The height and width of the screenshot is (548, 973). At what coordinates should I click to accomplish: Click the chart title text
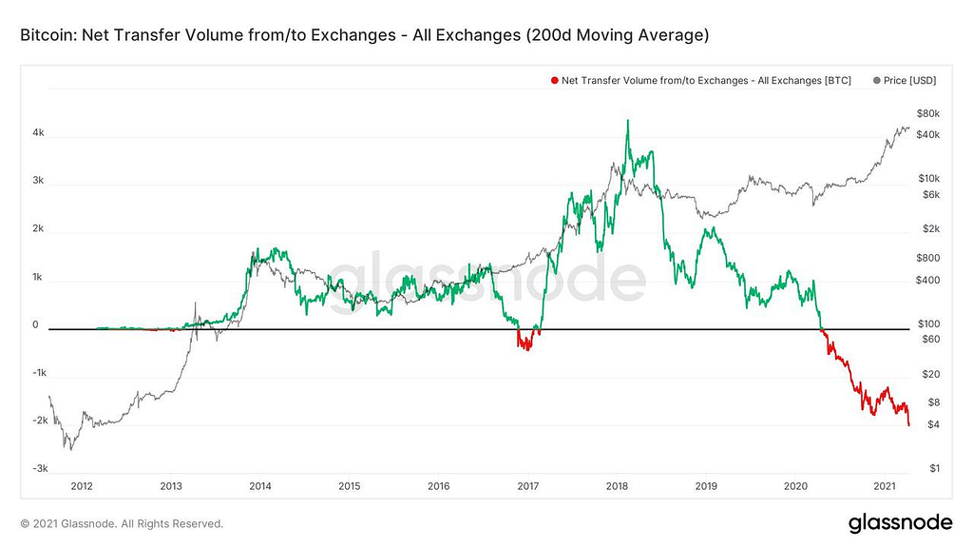[x=364, y=35]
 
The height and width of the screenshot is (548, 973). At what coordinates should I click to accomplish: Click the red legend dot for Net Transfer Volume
[x=554, y=81]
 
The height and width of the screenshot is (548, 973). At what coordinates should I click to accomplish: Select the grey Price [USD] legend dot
[x=875, y=81]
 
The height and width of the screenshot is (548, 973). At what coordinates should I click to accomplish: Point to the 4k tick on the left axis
[x=38, y=133]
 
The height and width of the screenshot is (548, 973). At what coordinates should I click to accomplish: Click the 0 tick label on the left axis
[x=35, y=324]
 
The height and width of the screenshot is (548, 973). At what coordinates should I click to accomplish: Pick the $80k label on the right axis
[x=928, y=113]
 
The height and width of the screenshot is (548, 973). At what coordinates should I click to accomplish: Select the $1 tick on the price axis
[x=934, y=468]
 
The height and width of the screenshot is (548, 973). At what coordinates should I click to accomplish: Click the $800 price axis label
[x=927, y=258]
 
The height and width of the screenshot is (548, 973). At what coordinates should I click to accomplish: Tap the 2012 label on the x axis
[x=82, y=486]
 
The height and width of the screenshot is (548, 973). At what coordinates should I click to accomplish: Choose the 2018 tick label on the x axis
[x=617, y=486]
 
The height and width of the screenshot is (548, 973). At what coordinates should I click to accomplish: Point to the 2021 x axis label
[x=885, y=486]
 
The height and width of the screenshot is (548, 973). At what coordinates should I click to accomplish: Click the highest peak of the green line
[x=627, y=121]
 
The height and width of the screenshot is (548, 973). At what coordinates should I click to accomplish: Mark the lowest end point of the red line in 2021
[x=909, y=424]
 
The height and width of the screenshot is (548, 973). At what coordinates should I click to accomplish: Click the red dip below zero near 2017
[x=524, y=344]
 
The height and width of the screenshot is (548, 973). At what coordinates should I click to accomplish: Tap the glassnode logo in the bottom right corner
[x=900, y=522]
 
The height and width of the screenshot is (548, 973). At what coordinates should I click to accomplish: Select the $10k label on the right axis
[x=927, y=178]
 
